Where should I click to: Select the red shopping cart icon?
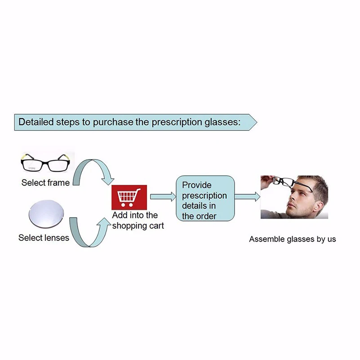[x=128, y=197]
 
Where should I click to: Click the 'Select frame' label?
[x=45, y=183]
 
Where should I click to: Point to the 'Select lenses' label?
[x=44, y=237]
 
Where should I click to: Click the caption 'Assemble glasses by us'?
[x=293, y=239]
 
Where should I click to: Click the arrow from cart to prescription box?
[x=162, y=196]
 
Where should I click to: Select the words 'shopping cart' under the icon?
[x=138, y=225]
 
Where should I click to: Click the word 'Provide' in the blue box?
[x=196, y=185]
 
